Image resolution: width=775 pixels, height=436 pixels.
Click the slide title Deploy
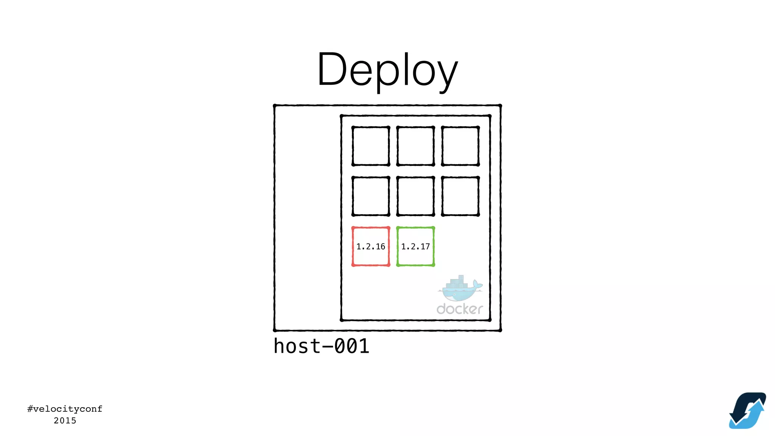pos(387,70)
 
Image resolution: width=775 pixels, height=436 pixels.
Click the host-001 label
pos(321,346)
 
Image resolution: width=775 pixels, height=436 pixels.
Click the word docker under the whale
pos(459,309)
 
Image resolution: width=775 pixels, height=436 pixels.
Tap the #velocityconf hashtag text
pos(65,409)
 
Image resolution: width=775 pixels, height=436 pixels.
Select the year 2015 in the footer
pos(65,420)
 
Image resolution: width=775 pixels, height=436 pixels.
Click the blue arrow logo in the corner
pos(747,411)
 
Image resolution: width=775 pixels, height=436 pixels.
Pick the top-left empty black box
pos(370,146)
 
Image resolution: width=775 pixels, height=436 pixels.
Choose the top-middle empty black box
pos(416,146)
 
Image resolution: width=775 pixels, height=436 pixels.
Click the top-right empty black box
pos(460,146)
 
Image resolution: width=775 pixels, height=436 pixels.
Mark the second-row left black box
pos(370,196)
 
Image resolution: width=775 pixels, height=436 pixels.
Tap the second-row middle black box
pos(416,196)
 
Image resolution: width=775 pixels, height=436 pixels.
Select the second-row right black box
pos(460,196)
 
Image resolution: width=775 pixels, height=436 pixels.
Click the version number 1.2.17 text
pos(416,247)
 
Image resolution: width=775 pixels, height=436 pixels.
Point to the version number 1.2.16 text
pos(370,247)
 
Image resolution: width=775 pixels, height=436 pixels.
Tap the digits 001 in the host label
pos(352,346)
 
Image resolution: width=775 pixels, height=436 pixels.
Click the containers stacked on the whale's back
pos(457,282)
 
